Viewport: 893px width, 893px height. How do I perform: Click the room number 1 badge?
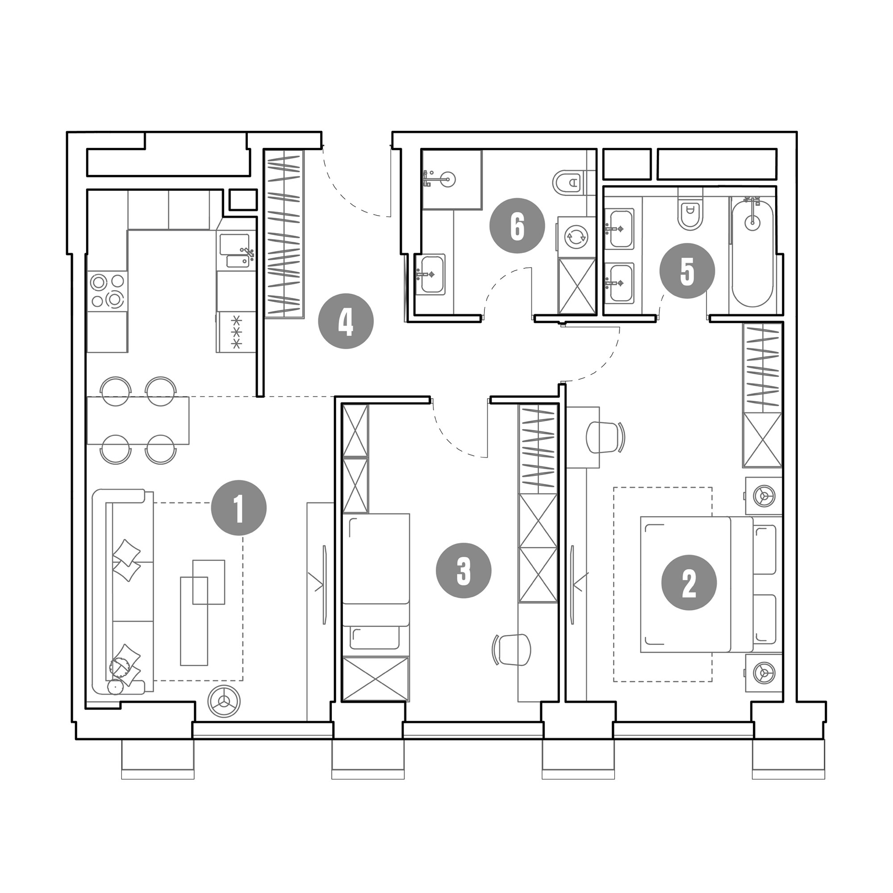[238, 508]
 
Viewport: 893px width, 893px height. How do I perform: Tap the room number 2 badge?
[689, 582]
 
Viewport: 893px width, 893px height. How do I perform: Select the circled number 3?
[463, 570]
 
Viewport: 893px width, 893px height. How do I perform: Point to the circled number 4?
[346, 321]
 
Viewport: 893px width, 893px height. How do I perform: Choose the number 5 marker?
[687, 271]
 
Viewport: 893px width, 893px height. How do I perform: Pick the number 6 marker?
[517, 225]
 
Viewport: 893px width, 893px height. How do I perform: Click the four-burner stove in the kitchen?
[108, 291]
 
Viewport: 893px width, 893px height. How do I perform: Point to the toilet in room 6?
[568, 183]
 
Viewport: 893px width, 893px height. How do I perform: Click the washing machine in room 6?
[576, 237]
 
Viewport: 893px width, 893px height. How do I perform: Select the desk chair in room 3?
[512, 649]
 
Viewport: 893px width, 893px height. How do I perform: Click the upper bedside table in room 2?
[763, 496]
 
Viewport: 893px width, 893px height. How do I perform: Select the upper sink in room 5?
[619, 228]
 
